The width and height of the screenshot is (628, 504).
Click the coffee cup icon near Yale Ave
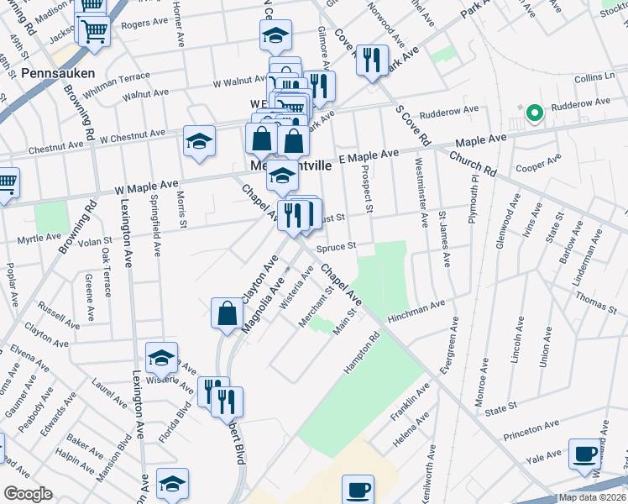(x=585, y=454)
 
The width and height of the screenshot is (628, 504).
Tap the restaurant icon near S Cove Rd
(x=371, y=61)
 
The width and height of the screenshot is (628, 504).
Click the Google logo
(x=29, y=493)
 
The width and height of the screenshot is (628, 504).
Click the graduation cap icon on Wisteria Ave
(x=161, y=360)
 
